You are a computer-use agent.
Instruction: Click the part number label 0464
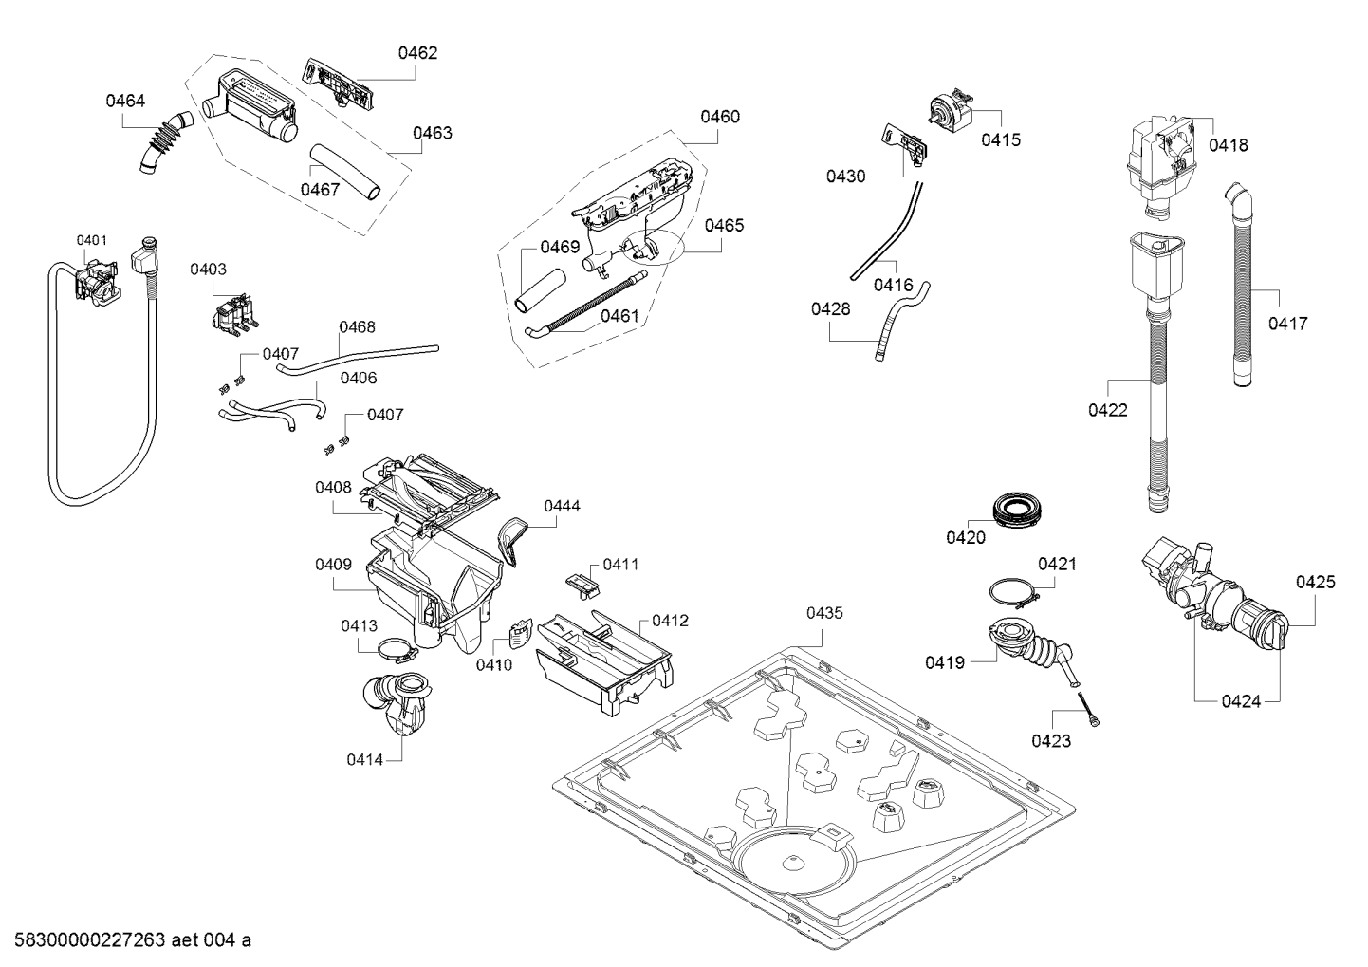coord(125,101)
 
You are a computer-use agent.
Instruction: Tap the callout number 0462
coord(417,53)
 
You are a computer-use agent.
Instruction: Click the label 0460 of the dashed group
coord(720,117)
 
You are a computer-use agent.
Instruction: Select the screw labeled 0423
coord(1087,708)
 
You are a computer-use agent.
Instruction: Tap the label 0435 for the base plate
coord(824,614)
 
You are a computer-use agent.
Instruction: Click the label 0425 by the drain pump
coord(1316,582)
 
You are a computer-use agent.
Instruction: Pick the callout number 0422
coord(1108,410)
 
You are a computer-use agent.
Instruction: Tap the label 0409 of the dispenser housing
coord(334,565)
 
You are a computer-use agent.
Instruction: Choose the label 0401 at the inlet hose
coord(91,240)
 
